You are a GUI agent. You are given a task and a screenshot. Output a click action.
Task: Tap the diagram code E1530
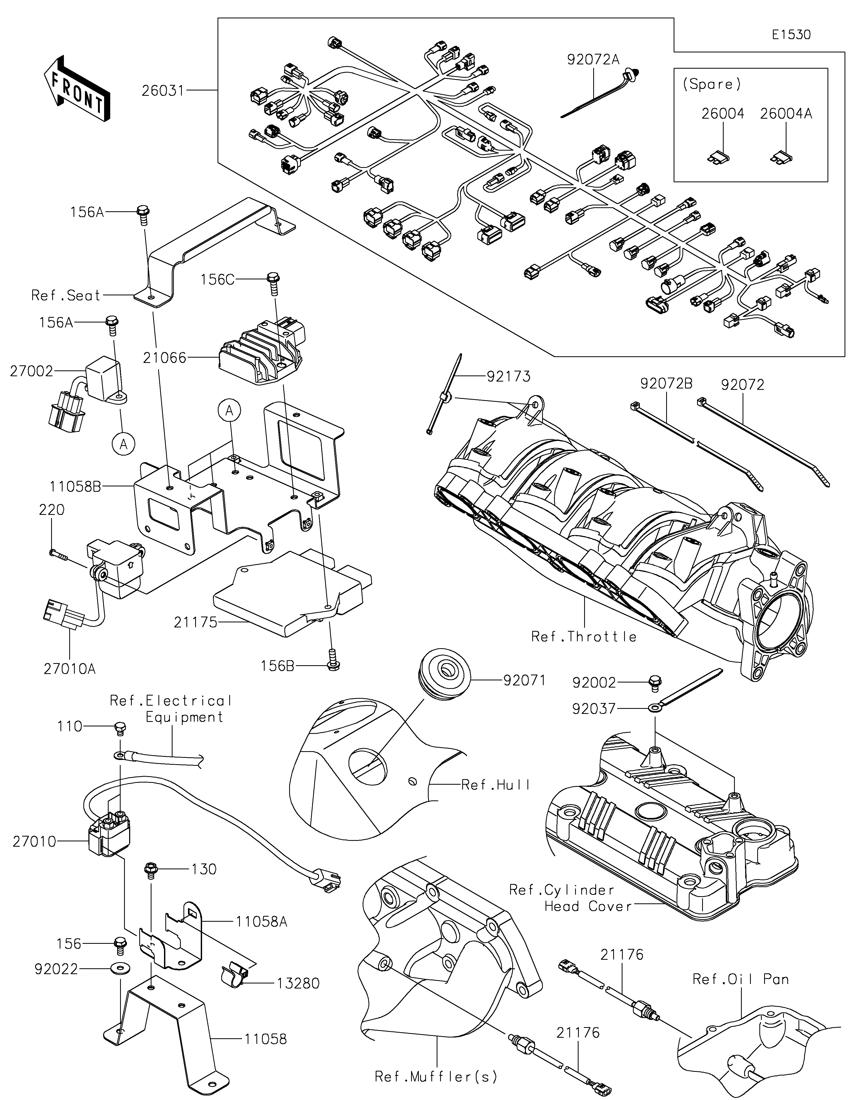pyautogui.click(x=791, y=35)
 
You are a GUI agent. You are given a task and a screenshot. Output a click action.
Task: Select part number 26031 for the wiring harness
pyautogui.click(x=163, y=91)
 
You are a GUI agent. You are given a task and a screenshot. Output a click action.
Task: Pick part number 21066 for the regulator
pyautogui.click(x=164, y=358)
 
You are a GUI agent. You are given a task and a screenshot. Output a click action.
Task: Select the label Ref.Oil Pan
pyautogui.click(x=740, y=980)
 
